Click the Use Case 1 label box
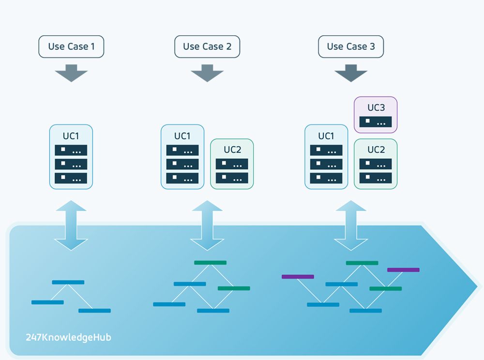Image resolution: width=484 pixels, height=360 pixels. (71, 47)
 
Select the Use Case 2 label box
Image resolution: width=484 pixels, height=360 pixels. (207, 47)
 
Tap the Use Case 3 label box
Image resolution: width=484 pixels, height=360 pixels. (351, 47)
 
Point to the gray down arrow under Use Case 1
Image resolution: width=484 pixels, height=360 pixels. (71, 73)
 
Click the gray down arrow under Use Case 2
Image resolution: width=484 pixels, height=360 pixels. (207, 73)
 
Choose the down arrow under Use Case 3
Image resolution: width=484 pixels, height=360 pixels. (351, 73)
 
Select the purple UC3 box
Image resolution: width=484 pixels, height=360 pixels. (376, 115)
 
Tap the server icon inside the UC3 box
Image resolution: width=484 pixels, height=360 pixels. (376, 121)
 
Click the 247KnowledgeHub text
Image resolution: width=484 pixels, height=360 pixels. (68, 337)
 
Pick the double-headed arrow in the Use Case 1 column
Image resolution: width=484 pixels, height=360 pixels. (71, 225)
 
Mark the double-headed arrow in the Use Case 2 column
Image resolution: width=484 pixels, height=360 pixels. (207, 225)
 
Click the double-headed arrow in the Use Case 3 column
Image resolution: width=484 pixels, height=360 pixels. (351, 225)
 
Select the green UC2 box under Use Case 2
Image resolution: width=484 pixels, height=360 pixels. (232, 164)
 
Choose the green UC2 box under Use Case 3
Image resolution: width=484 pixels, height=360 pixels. (376, 164)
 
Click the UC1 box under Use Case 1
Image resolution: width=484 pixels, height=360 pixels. (71, 157)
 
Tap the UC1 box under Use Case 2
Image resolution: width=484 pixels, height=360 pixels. (182, 157)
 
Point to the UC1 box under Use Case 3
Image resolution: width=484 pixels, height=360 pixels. (326, 157)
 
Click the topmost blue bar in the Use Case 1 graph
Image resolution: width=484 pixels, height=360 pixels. (68, 282)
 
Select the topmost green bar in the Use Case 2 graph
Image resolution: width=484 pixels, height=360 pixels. (210, 263)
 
